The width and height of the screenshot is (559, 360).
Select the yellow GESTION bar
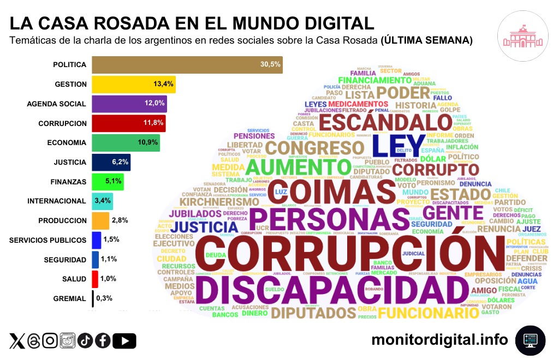point(133,84)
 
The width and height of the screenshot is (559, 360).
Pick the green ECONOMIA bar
point(125,142)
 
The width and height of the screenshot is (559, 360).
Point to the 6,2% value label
point(120,162)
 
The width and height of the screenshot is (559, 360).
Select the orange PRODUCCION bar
point(100,220)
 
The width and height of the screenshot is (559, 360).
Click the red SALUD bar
point(95,279)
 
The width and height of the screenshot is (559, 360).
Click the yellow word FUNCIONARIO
point(424,313)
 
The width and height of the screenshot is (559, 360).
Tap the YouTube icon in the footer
point(127,341)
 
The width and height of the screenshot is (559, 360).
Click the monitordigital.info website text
point(439,340)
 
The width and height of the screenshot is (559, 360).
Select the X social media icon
point(17,341)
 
